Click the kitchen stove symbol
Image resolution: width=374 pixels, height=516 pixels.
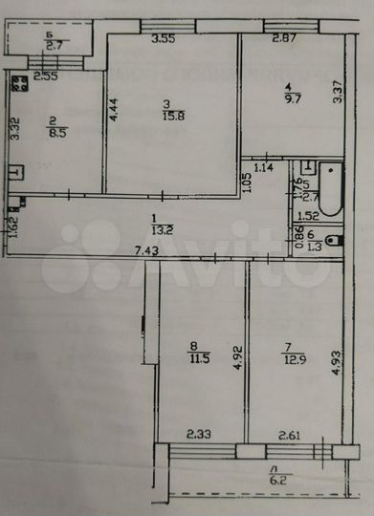point(19,83)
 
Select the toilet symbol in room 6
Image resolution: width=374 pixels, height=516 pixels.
point(330,240)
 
